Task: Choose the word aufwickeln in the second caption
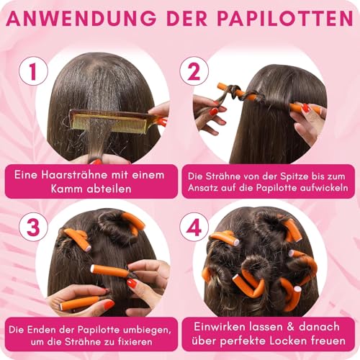point(317,189)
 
